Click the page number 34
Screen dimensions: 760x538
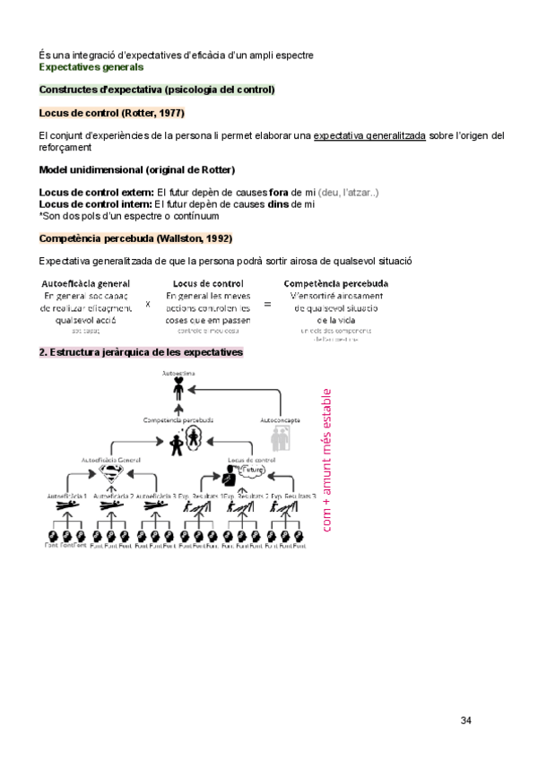pyautogui.click(x=465, y=721)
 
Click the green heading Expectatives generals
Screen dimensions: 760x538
pyautogui.click(x=91, y=67)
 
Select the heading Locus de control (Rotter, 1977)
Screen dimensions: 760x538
pyautogui.click(x=111, y=113)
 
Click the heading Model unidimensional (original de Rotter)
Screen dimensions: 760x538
pyautogui.click(x=137, y=170)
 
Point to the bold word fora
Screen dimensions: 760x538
pyautogui.click(x=278, y=193)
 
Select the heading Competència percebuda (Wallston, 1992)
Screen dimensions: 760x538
pyautogui.click(x=135, y=238)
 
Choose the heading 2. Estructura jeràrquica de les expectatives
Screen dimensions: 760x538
pyautogui.click(x=141, y=353)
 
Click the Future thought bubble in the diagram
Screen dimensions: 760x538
pyautogui.click(x=255, y=469)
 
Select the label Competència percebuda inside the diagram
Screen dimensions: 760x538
pyautogui.click(x=178, y=419)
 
